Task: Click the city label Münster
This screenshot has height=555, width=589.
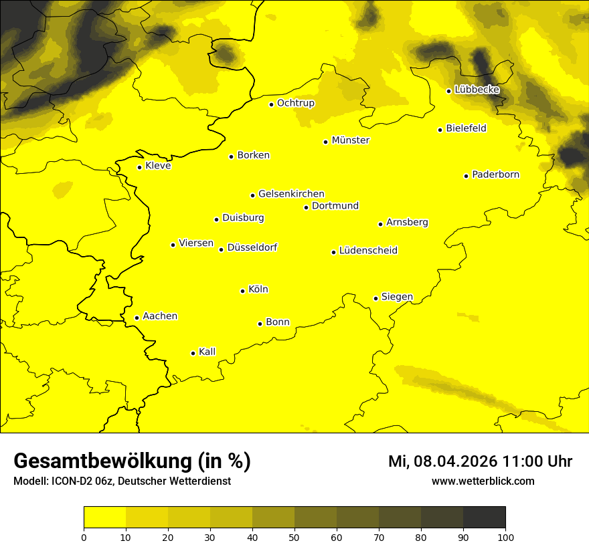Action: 350,140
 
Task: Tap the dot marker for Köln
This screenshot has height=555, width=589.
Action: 242,291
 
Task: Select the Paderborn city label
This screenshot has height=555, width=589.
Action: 495,175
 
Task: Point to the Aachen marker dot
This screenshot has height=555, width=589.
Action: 137,318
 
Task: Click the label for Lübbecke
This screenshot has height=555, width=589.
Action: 477,90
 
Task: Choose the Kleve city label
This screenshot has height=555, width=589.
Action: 158,166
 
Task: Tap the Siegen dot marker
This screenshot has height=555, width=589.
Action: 375,298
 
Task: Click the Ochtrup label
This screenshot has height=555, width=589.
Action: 295,103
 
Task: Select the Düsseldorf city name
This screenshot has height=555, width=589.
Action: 252,247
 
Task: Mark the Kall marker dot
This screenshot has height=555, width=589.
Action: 193,353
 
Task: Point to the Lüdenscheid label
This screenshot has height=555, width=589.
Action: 368,251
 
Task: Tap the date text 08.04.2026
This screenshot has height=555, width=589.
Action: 453,461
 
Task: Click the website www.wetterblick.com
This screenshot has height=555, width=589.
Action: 483,481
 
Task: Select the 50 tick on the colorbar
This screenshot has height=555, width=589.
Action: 294,536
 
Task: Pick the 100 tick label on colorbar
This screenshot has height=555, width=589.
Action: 505,536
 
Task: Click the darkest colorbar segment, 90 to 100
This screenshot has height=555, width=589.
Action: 484,517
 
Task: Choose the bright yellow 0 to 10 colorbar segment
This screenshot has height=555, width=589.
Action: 104,517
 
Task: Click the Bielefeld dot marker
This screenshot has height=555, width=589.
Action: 440,130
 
